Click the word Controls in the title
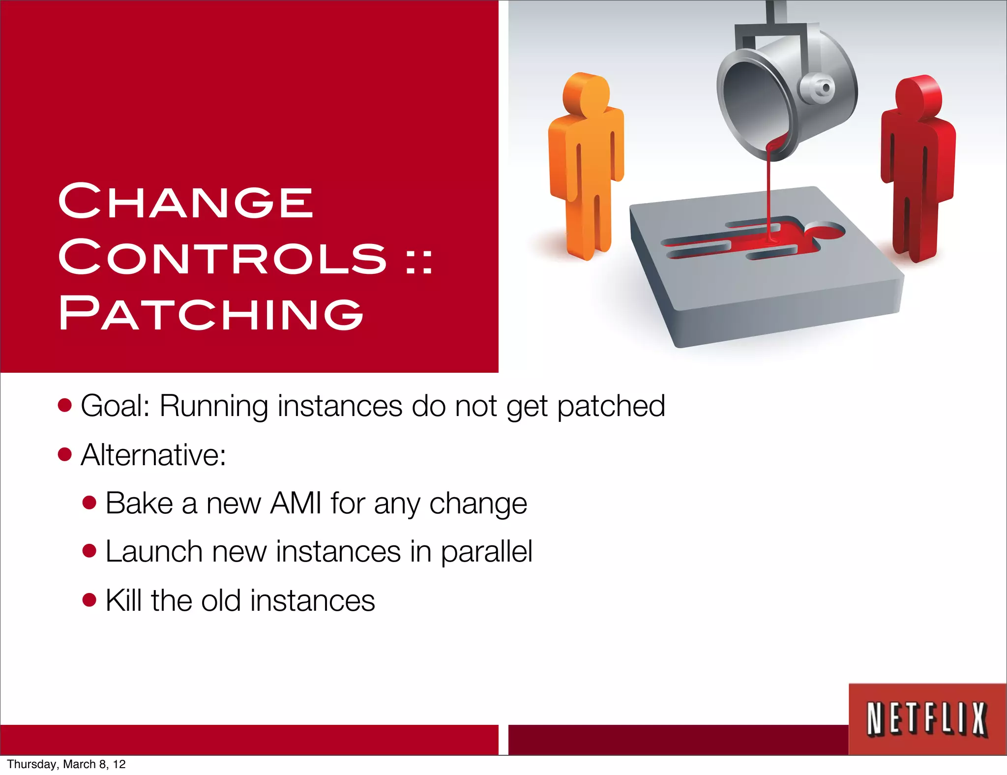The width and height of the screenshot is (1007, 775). pos(222,257)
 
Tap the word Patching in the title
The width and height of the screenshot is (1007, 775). pos(210,313)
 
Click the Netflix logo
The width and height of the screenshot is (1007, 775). pos(927,719)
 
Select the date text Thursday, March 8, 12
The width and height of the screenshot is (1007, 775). pos(66,764)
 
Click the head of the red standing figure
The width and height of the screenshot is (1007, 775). pos(918,95)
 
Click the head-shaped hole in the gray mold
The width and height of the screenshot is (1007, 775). pos(824,230)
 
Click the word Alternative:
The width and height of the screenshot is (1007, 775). pos(153,455)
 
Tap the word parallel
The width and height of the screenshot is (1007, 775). pos(486,552)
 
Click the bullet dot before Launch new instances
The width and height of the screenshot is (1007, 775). pos(89,551)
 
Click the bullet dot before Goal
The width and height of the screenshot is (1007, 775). pos(64,406)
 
